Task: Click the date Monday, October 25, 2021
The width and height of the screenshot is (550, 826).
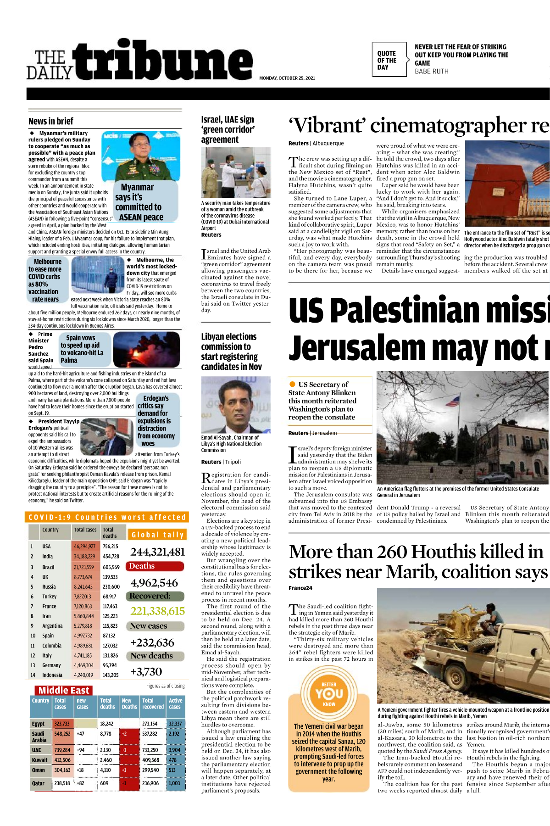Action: click(287, 78)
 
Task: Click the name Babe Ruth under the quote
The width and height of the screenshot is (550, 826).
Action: click(431, 72)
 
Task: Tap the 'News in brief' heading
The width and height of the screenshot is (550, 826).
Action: click(50, 122)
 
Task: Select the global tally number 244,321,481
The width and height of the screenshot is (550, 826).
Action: click(157, 552)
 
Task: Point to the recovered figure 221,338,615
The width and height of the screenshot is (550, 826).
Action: click(157, 611)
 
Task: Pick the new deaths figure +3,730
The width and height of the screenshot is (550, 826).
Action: click(146, 672)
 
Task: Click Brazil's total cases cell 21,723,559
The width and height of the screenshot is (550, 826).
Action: click(83, 567)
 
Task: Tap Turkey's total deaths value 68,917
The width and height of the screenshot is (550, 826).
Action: click(109, 597)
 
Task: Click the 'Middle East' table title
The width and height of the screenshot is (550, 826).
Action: click(64, 691)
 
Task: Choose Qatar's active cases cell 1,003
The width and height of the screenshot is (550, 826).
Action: click(174, 783)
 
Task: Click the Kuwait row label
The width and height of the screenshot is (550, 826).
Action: click(39, 760)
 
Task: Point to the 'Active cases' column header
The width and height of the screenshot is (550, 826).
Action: click(176, 703)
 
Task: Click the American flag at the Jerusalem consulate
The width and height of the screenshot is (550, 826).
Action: click(453, 402)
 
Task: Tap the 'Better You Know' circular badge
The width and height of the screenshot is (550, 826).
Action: click(329, 693)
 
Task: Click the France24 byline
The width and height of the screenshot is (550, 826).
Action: click(300, 588)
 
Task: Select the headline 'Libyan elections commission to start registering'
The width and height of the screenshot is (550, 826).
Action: click(231, 352)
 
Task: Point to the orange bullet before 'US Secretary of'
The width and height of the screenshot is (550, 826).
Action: click(292, 384)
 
